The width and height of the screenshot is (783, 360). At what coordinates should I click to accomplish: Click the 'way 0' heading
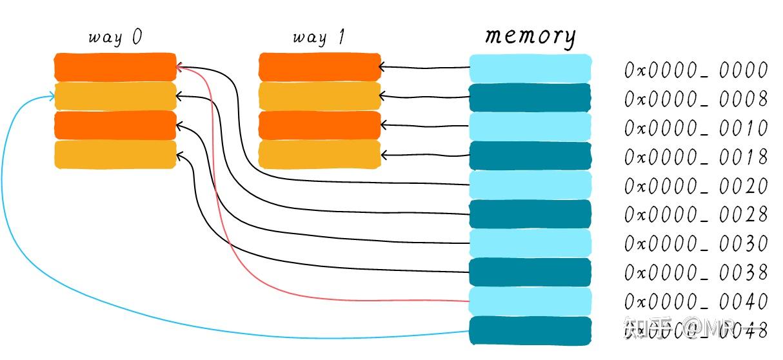[115, 37]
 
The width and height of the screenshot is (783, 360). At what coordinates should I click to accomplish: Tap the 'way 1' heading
[319, 37]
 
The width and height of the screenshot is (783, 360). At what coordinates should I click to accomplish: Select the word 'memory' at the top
[530, 35]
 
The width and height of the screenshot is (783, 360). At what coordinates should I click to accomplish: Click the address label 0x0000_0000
[696, 70]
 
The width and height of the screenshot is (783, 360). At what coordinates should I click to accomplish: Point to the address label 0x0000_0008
[696, 99]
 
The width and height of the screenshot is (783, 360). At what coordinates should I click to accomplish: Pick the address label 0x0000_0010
[696, 128]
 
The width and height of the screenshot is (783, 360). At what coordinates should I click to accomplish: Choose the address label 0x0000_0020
[696, 186]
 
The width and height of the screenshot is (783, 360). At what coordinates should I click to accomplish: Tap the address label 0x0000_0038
[696, 272]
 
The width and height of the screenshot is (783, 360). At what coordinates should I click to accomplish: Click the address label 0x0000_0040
[696, 301]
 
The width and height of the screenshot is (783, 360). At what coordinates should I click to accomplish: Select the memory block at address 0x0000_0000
[530, 68]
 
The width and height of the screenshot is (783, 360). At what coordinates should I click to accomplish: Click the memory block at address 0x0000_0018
[530, 155]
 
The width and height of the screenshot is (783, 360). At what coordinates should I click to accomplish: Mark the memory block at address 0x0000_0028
[530, 214]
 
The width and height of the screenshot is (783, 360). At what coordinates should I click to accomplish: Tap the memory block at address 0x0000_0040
[530, 301]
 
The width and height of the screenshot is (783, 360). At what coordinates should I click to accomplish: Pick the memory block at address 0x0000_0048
[530, 330]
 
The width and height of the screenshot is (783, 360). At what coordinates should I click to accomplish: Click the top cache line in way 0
[115, 66]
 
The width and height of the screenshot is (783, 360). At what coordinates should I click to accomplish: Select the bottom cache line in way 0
[115, 155]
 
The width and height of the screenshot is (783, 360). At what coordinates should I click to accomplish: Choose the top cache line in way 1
[320, 66]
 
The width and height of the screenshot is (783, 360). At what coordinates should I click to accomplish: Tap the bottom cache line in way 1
[320, 155]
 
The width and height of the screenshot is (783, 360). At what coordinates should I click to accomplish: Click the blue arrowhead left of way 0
[52, 97]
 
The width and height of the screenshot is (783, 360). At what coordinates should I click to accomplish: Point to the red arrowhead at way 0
[180, 67]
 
